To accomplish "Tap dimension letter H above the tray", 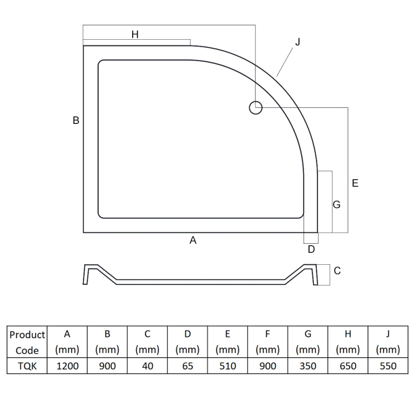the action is (x=135, y=35).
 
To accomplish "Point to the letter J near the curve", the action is (x=298, y=42).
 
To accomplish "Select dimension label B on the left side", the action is (x=76, y=120).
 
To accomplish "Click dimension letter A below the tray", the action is (x=193, y=240).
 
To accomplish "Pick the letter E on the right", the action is (x=355, y=183).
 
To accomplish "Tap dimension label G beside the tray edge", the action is (x=337, y=204).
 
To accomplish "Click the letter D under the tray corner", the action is (x=311, y=249).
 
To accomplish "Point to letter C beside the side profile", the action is (x=337, y=271).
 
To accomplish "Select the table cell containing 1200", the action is (x=67, y=366).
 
